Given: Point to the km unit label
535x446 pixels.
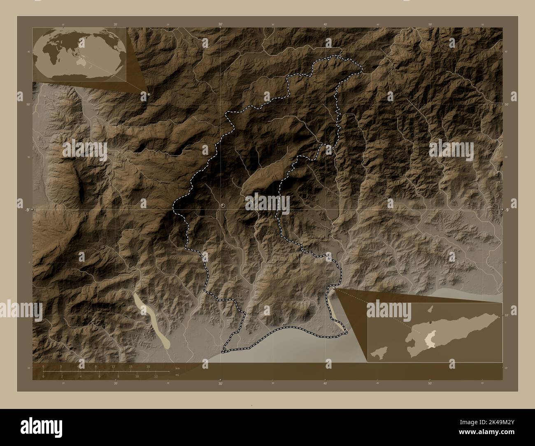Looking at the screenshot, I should [x=177, y=368].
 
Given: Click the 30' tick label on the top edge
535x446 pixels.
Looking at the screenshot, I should [x=221, y=25].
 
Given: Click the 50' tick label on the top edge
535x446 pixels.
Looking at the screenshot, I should [x=430, y=25].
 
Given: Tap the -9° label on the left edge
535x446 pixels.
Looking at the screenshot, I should [x=27, y=210].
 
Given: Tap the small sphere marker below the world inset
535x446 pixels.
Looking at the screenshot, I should [x=148, y=94].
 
